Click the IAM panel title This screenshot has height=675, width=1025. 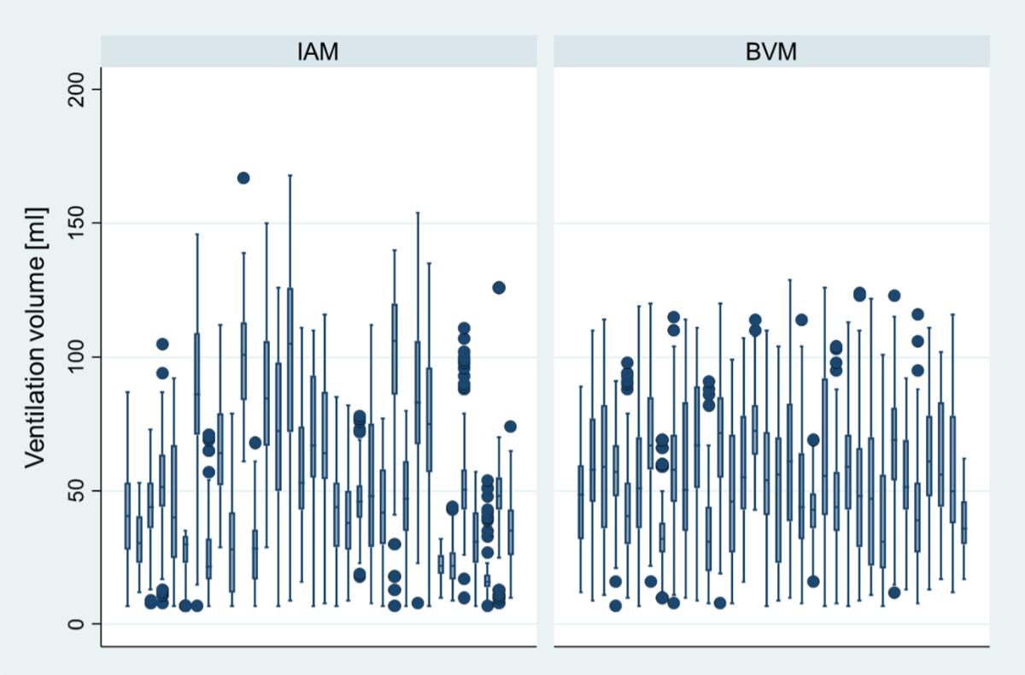319,52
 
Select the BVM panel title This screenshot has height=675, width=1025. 771,52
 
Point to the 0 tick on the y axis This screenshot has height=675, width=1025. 76,624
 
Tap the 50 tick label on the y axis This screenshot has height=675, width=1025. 76,490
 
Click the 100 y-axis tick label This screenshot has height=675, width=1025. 76,357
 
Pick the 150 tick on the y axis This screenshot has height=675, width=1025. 76,223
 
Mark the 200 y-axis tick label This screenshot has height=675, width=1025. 76,90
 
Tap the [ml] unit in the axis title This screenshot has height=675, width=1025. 36,223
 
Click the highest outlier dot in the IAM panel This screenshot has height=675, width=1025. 243,178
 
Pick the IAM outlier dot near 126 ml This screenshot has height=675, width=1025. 499,287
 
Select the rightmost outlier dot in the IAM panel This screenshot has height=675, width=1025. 510,426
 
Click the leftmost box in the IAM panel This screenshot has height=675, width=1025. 127,515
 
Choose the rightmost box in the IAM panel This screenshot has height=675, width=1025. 510,532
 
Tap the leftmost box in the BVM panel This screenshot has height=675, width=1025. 581,502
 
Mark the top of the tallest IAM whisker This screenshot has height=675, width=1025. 290,175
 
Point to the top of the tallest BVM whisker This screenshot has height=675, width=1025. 789,279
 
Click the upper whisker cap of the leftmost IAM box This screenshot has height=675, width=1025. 127,391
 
